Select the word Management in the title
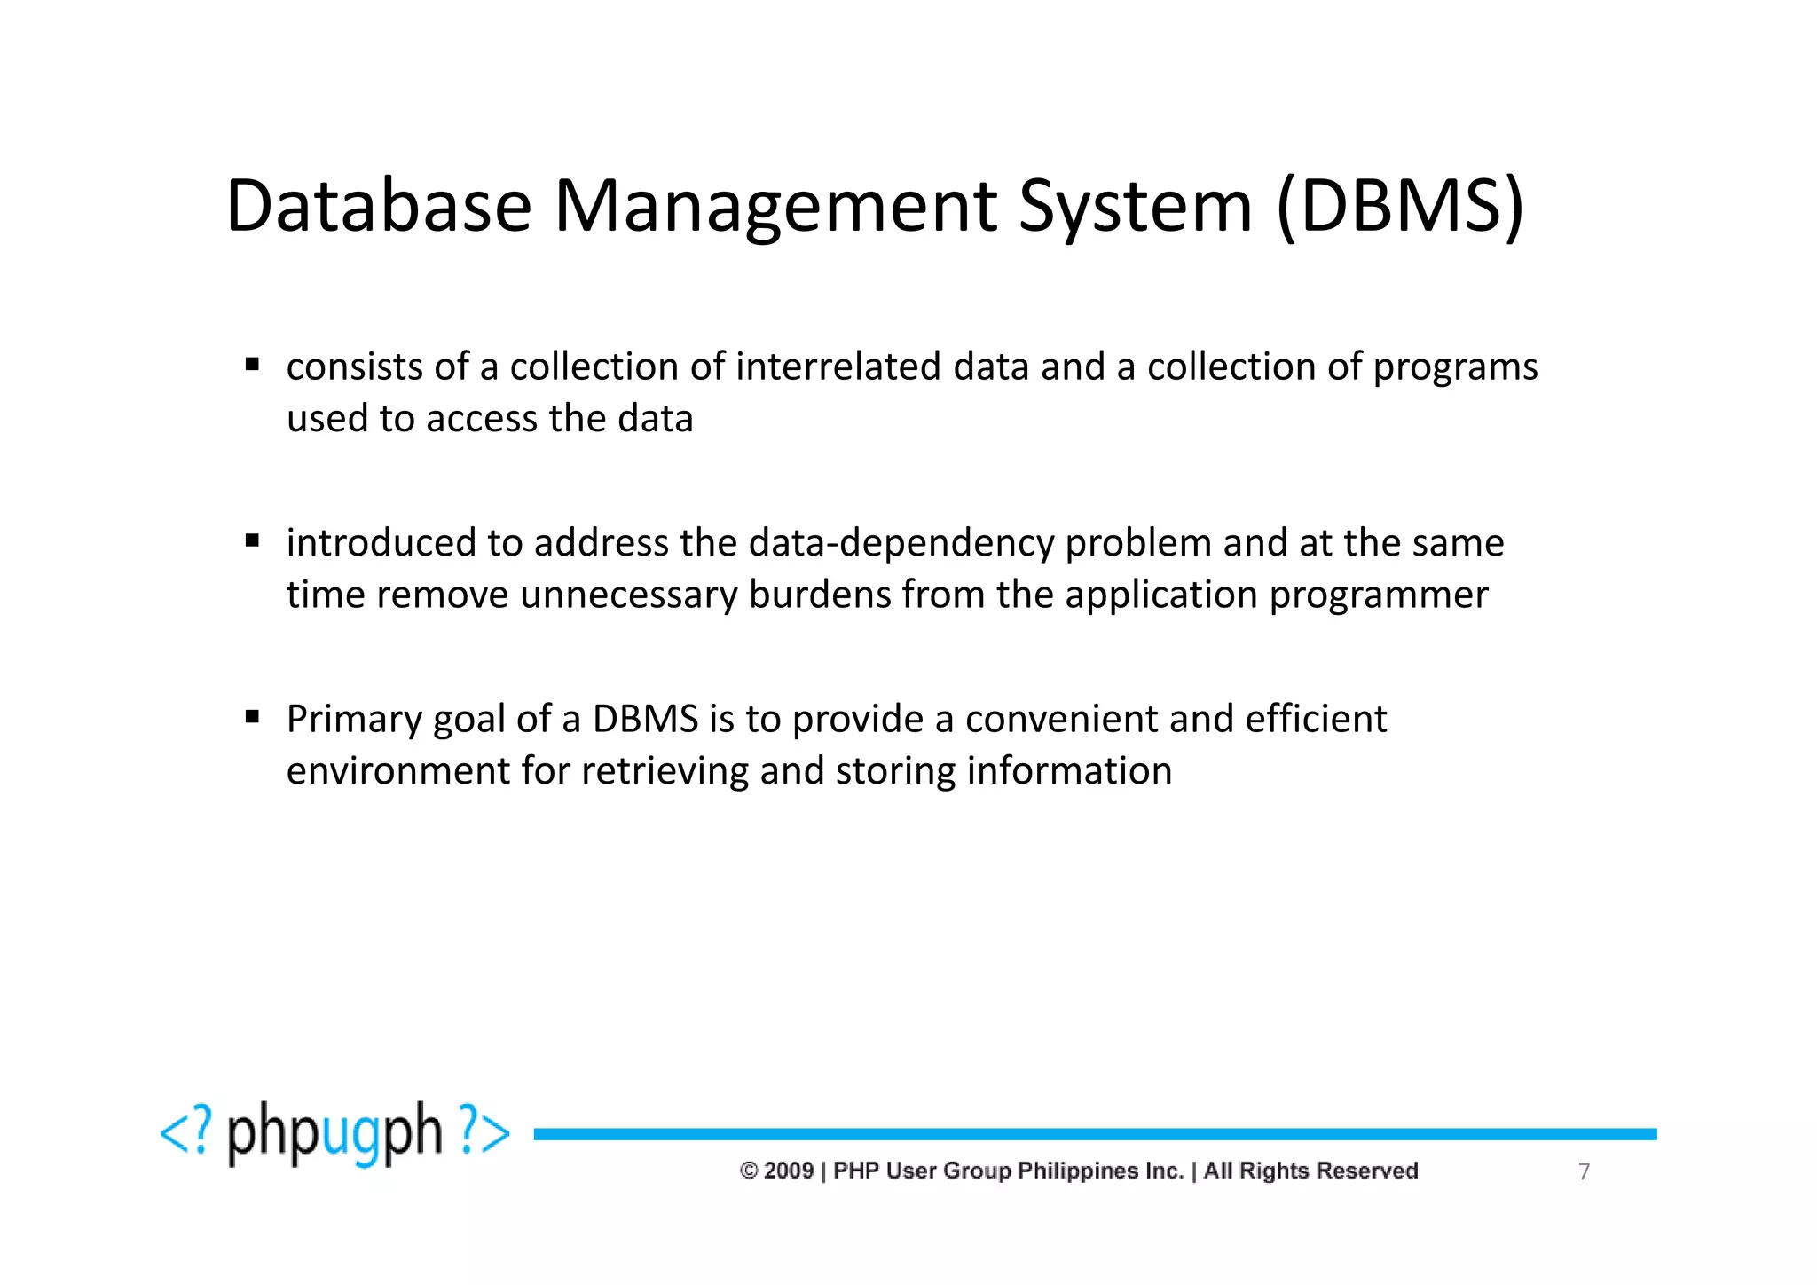775,208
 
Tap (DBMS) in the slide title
1400,208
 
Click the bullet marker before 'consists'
253,364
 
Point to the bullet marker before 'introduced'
253,540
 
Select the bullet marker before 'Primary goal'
253,715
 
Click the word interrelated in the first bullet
838,367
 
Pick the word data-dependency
901,543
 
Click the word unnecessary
628,595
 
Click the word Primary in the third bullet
353,720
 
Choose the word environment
397,771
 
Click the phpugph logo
334,1134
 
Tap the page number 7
1584,1172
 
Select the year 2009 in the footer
788,1171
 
